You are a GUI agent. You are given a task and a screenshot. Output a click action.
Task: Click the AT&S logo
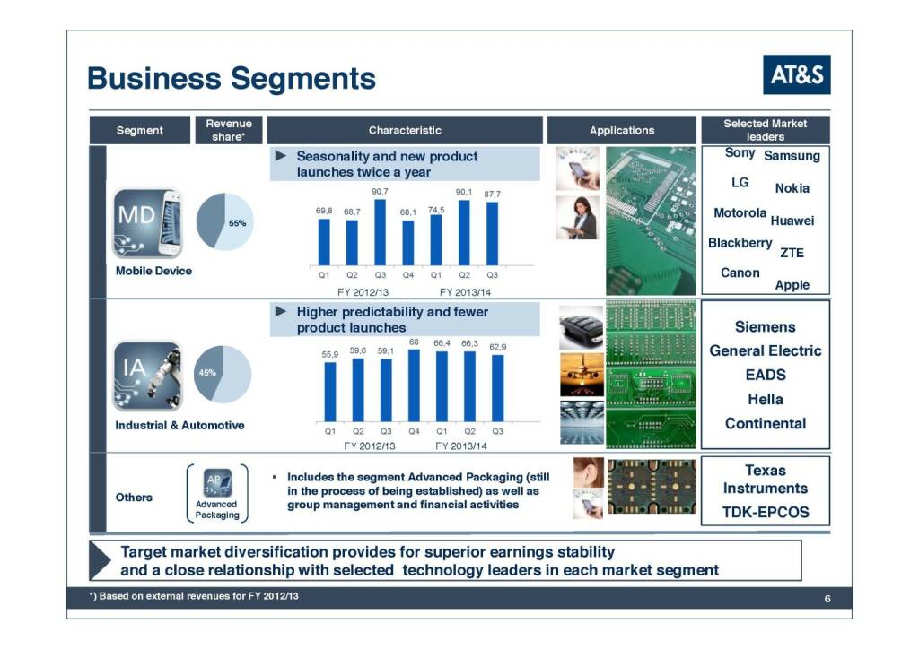[x=797, y=74]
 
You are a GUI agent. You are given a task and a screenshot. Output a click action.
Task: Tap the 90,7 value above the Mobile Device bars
[x=380, y=191]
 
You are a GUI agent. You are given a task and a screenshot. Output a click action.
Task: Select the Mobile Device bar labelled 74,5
[x=436, y=240]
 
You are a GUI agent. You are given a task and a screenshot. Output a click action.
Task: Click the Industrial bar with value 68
[x=414, y=385]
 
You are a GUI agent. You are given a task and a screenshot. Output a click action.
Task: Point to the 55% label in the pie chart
[x=237, y=223]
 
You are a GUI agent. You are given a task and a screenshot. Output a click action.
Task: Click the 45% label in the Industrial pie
[x=207, y=372]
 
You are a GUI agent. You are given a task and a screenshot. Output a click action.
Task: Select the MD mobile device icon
[x=148, y=223]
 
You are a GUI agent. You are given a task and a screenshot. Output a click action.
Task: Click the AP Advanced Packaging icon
[x=217, y=482]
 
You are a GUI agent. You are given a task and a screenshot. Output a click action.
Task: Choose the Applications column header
[x=622, y=130]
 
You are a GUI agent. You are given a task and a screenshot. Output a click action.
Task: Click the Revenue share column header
[x=229, y=130]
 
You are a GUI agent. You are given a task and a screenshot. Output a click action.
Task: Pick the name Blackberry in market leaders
[x=740, y=242]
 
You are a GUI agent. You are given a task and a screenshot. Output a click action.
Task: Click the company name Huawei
[x=792, y=221]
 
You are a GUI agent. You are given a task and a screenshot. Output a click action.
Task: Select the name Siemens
[x=765, y=326]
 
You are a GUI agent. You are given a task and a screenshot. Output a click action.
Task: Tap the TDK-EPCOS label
[x=766, y=512]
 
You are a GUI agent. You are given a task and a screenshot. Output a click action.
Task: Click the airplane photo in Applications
[x=582, y=375]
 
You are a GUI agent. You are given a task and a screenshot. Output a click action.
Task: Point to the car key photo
[x=582, y=328]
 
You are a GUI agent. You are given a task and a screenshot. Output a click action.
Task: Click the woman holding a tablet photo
[x=577, y=218]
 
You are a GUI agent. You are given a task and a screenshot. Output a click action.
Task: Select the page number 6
[x=827, y=598]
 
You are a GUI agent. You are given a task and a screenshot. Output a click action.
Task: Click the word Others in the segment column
[x=134, y=497]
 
